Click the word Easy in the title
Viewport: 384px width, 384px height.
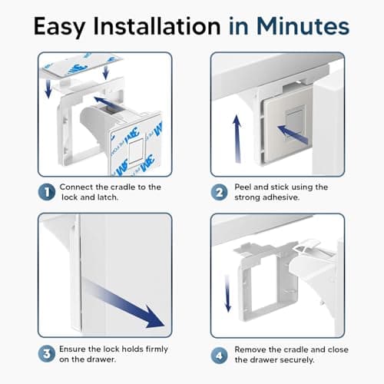click(59, 27)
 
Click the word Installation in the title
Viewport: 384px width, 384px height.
click(157, 26)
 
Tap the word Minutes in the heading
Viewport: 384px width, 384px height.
click(303, 26)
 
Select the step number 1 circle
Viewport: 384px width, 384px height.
click(47, 192)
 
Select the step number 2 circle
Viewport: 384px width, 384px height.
click(219, 193)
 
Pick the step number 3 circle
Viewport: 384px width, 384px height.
click(47, 354)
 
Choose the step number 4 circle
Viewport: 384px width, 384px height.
click(219, 356)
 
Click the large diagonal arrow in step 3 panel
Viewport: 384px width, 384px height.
click(123, 303)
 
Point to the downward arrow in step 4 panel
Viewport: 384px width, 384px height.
click(227, 293)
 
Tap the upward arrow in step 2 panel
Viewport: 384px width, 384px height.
click(237, 139)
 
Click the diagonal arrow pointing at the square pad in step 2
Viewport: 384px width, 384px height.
click(293, 134)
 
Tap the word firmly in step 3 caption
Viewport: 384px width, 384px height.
click(157, 349)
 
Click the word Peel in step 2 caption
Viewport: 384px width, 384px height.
click(243, 187)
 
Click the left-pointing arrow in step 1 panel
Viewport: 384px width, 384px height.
click(108, 102)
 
